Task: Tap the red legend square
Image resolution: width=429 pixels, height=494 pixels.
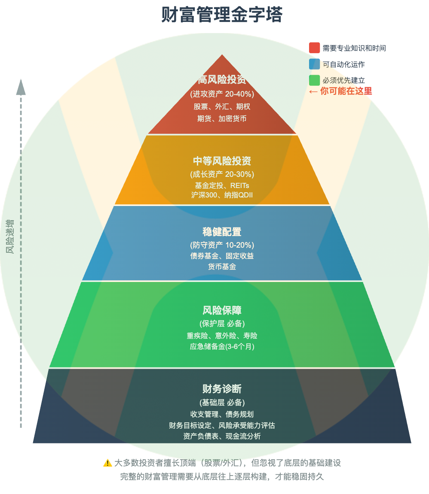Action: coord(314,48)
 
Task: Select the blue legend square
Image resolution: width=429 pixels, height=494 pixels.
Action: coord(314,64)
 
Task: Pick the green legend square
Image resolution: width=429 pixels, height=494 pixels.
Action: coord(314,80)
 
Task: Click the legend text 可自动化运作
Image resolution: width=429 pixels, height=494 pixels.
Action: coord(343,64)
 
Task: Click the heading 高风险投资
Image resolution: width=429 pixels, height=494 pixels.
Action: coord(222,80)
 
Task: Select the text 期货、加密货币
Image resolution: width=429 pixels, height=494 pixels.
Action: coord(222,118)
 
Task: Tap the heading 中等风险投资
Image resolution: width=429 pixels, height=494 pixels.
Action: coord(222,161)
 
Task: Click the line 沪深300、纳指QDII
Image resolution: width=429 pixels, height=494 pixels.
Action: coord(222,195)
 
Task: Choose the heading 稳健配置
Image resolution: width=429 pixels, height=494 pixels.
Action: coord(222,232)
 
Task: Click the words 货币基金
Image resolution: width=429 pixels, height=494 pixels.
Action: coord(222,267)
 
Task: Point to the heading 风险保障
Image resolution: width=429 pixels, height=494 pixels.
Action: coord(222,310)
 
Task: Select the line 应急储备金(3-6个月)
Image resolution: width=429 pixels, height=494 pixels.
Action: coord(222,347)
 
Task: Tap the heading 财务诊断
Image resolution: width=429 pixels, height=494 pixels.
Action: coord(222,389)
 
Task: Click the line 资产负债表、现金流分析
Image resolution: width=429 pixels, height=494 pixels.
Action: coord(222,436)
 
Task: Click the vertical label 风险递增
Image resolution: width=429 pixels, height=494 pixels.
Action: coord(10,237)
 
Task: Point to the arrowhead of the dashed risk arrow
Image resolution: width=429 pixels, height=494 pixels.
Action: coord(21,87)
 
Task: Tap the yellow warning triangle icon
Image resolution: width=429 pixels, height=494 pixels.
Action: coord(107,463)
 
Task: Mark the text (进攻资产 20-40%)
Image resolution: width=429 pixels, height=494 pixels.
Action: coord(222,94)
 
